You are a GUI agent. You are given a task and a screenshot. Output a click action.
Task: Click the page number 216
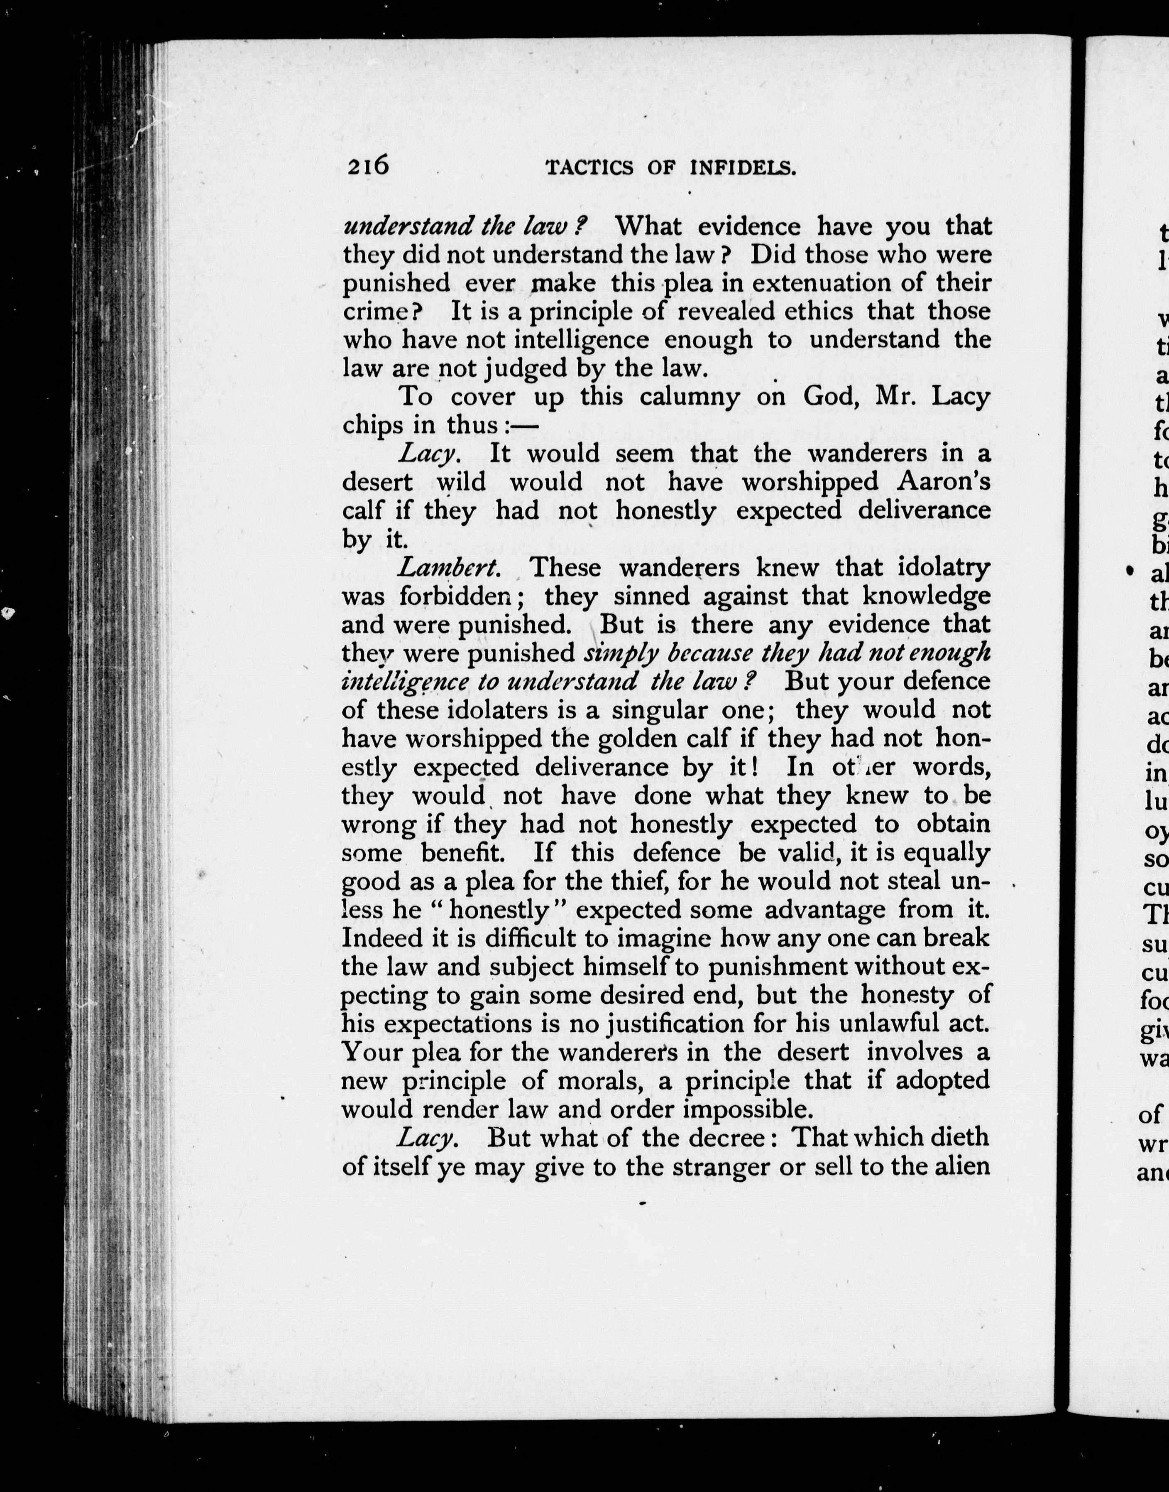(368, 167)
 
